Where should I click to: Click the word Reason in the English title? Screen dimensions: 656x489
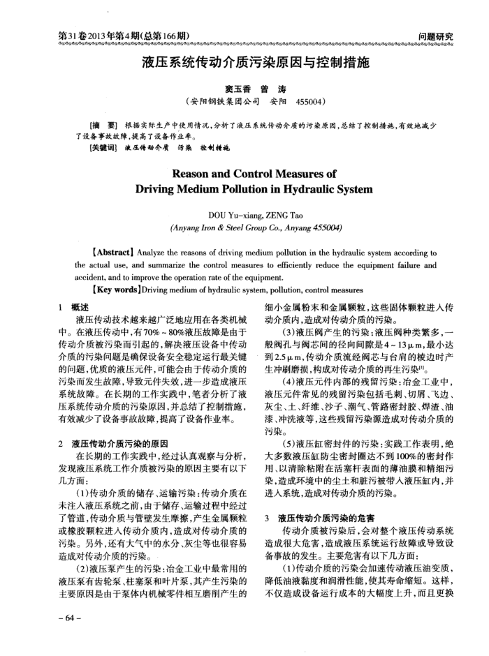[x=191, y=174]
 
